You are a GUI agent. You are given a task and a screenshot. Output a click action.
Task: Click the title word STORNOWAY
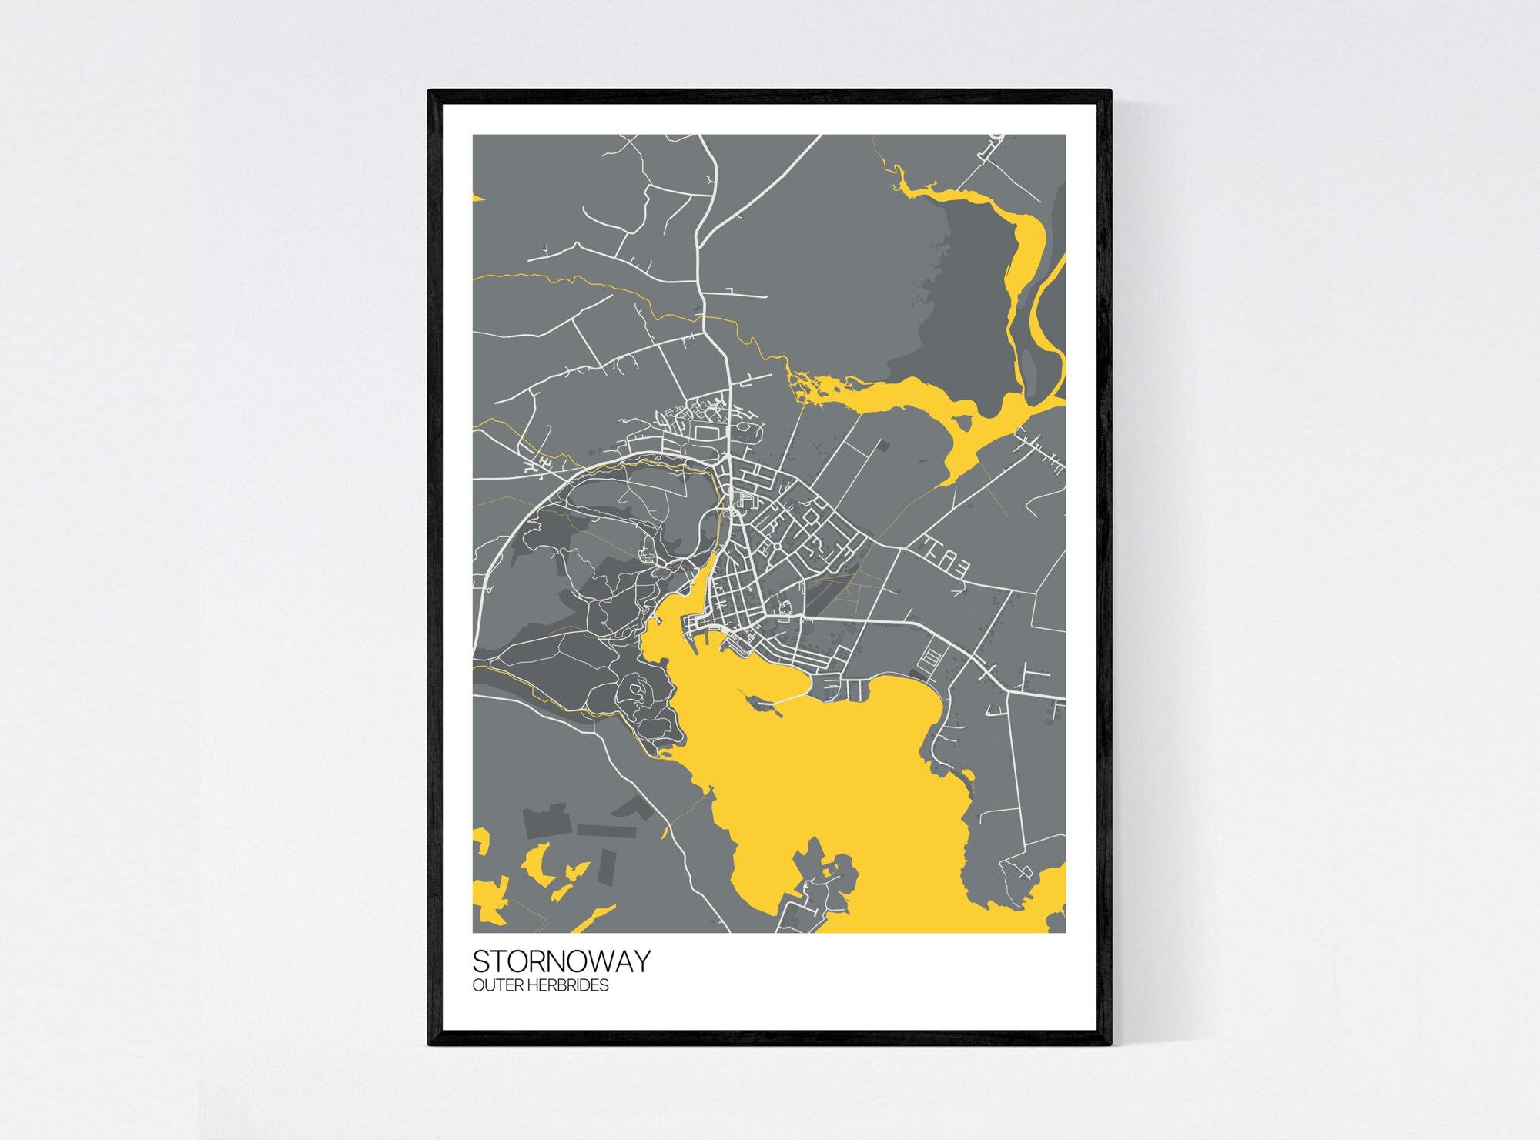tap(561, 961)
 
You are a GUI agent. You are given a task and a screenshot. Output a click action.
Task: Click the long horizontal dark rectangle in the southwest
tap(606, 831)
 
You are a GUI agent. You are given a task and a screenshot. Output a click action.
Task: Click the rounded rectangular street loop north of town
tap(705, 433)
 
